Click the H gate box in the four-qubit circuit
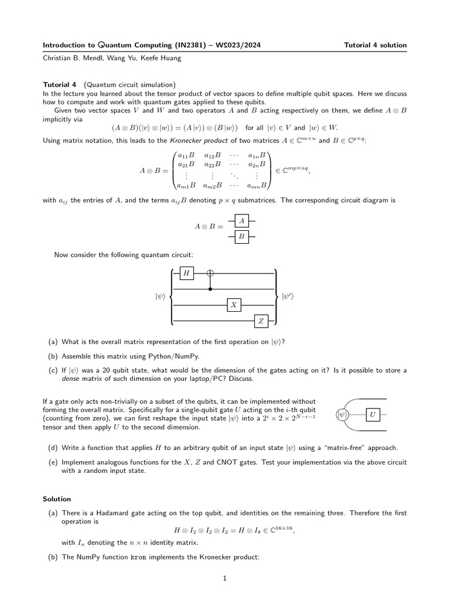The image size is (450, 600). click(x=186, y=274)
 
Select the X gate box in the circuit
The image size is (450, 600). click(x=234, y=305)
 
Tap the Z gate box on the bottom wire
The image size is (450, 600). click(x=261, y=321)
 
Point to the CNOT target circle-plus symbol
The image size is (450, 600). click(x=210, y=274)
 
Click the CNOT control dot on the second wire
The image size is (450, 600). click(x=210, y=289)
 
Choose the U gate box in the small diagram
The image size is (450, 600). click(x=372, y=415)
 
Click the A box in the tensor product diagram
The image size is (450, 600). click(x=242, y=220)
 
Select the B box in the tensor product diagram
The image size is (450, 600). click(x=242, y=236)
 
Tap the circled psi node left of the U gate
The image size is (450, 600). click(x=342, y=415)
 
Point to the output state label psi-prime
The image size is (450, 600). click(x=288, y=297)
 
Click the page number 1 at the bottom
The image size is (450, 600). click(x=224, y=578)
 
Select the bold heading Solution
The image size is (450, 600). click(x=57, y=499)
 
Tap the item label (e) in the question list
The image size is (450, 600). click(x=53, y=462)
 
